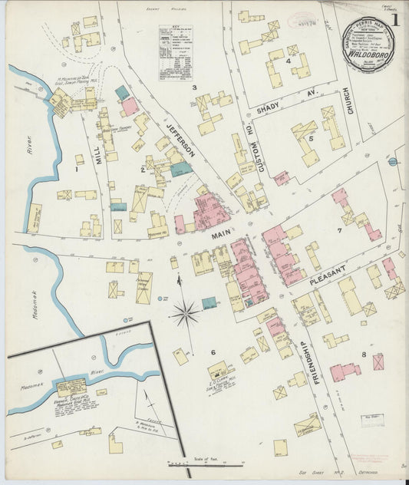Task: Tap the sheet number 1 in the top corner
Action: (x=395, y=16)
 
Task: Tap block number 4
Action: (x=288, y=61)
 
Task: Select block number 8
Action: (x=362, y=355)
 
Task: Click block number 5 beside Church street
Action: (x=311, y=139)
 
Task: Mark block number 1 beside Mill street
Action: (x=78, y=160)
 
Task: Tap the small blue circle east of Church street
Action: (x=392, y=162)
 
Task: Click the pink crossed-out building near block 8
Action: (x=378, y=361)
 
